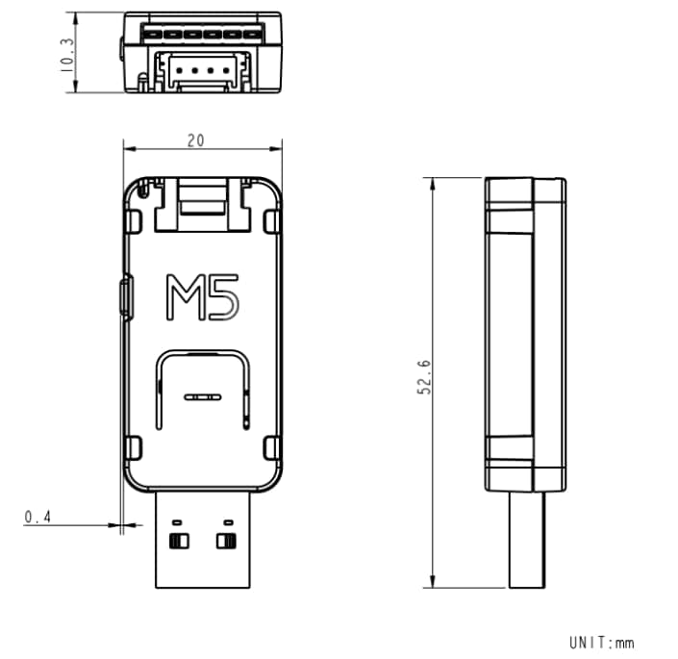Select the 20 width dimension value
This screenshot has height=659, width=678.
(x=196, y=140)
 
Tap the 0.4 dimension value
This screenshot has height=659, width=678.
(x=38, y=518)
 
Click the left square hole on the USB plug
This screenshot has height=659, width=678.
(x=178, y=540)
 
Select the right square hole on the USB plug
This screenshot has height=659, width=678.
(x=227, y=540)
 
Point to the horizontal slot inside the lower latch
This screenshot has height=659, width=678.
(x=202, y=396)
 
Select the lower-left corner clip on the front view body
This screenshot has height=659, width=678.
(x=134, y=447)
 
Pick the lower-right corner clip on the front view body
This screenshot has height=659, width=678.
(x=271, y=447)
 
